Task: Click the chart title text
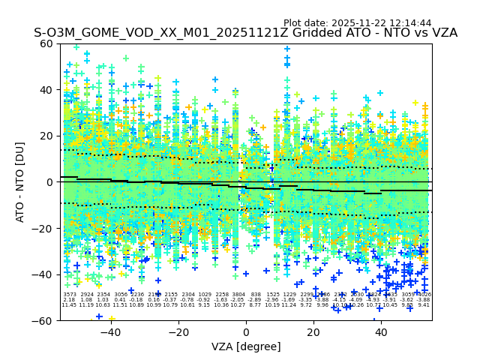pos(245,33)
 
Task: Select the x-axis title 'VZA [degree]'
pos(245,346)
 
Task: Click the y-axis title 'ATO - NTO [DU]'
pos(20,182)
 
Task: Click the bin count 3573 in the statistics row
pos(69,295)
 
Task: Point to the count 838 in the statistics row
pos(256,295)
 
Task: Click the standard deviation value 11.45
pos(69,305)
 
